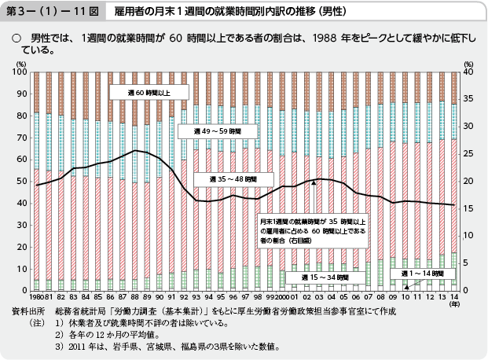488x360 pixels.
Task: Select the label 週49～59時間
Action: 206,132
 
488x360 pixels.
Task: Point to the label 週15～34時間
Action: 314,277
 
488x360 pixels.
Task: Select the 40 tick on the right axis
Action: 468,72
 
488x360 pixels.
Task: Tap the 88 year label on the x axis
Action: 134,298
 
